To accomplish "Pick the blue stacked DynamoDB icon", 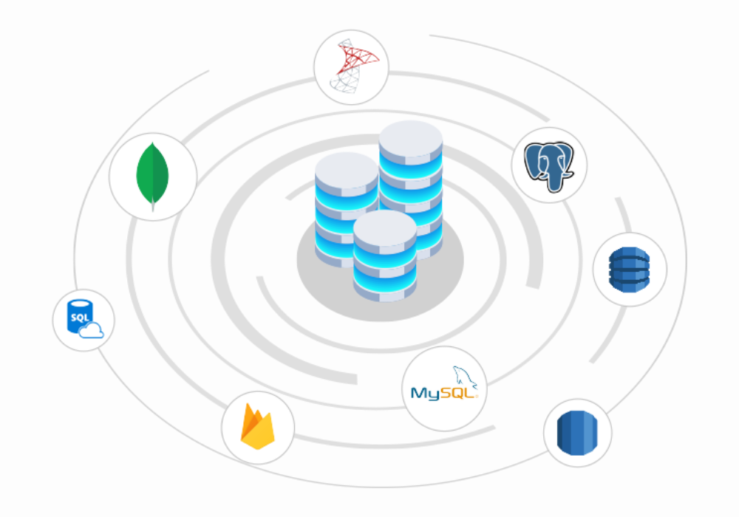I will tap(629, 270).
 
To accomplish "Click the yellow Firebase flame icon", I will tap(258, 428).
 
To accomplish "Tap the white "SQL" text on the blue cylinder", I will tap(78, 317).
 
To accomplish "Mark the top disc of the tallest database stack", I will tap(410, 137).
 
